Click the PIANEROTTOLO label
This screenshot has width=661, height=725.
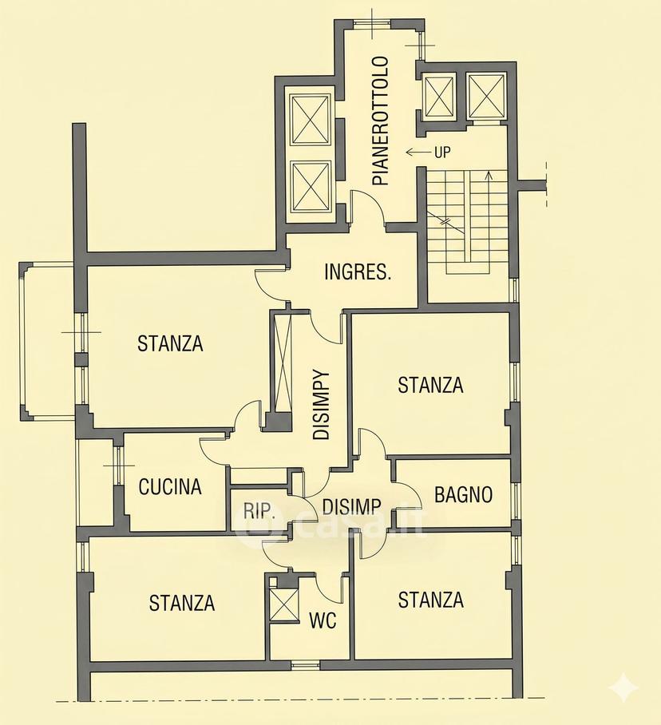pyautogui.click(x=381, y=121)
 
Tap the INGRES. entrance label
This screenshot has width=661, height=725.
pyautogui.click(x=358, y=271)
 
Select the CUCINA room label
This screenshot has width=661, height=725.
pyautogui.click(x=170, y=486)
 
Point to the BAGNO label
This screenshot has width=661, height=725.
pyautogui.click(x=463, y=494)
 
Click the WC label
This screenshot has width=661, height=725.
pyautogui.click(x=323, y=620)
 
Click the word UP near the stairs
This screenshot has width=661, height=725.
pyautogui.click(x=442, y=153)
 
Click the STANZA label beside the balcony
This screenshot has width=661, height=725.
pyautogui.click(x=170, y=343)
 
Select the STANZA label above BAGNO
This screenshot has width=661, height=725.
pyautogui.click(x=430, y=385)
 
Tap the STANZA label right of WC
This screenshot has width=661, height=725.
pyautogui.click(x=431, y=600)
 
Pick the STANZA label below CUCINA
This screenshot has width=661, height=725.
pyautogui.click(x=182, y=603)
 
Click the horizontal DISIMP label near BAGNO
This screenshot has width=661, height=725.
pyautogui.click(x=351, y=507)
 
